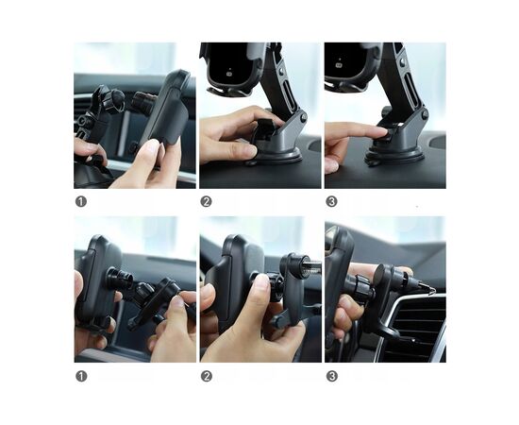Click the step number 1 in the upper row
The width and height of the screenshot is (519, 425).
pyautogui.click(x=81, y=201)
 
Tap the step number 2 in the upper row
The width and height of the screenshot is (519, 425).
pyautogui.click(x=206, y=201)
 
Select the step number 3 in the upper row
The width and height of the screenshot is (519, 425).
pyautogui.click(x=331, y=201)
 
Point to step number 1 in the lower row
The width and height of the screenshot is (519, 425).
pyautogui.click(x=81, y=376)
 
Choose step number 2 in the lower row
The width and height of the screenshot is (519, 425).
pyautogui.click(x=207, y=376)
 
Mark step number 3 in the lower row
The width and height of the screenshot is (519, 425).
pyautogui.click(x=331, y=376)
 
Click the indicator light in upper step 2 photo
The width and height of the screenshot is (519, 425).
pyautogui.click(x=228, y=74)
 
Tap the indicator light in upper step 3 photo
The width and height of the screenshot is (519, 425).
pyautogui.click(x=339, y=65)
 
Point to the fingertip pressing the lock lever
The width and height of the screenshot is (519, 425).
pyautogui.click(x=380, y=131)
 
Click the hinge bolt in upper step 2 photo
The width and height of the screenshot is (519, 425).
pyautogui.click(x=303, y=116)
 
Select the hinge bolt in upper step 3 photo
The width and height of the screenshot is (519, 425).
pyautogui.click(x=425, y=114)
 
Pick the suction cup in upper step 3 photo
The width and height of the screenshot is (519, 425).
pyautogui.click(x=393, y=158)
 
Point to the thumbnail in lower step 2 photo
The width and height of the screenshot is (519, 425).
pyautogui.click(x=262, y=281)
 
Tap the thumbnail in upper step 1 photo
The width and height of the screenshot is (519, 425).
pyautogui.click(x=151, y=146)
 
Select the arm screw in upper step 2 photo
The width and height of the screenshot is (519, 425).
pyautogui.click(x=282, y=71)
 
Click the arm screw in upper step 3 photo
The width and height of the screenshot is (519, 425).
pyautogui.click(x=403, y=61)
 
